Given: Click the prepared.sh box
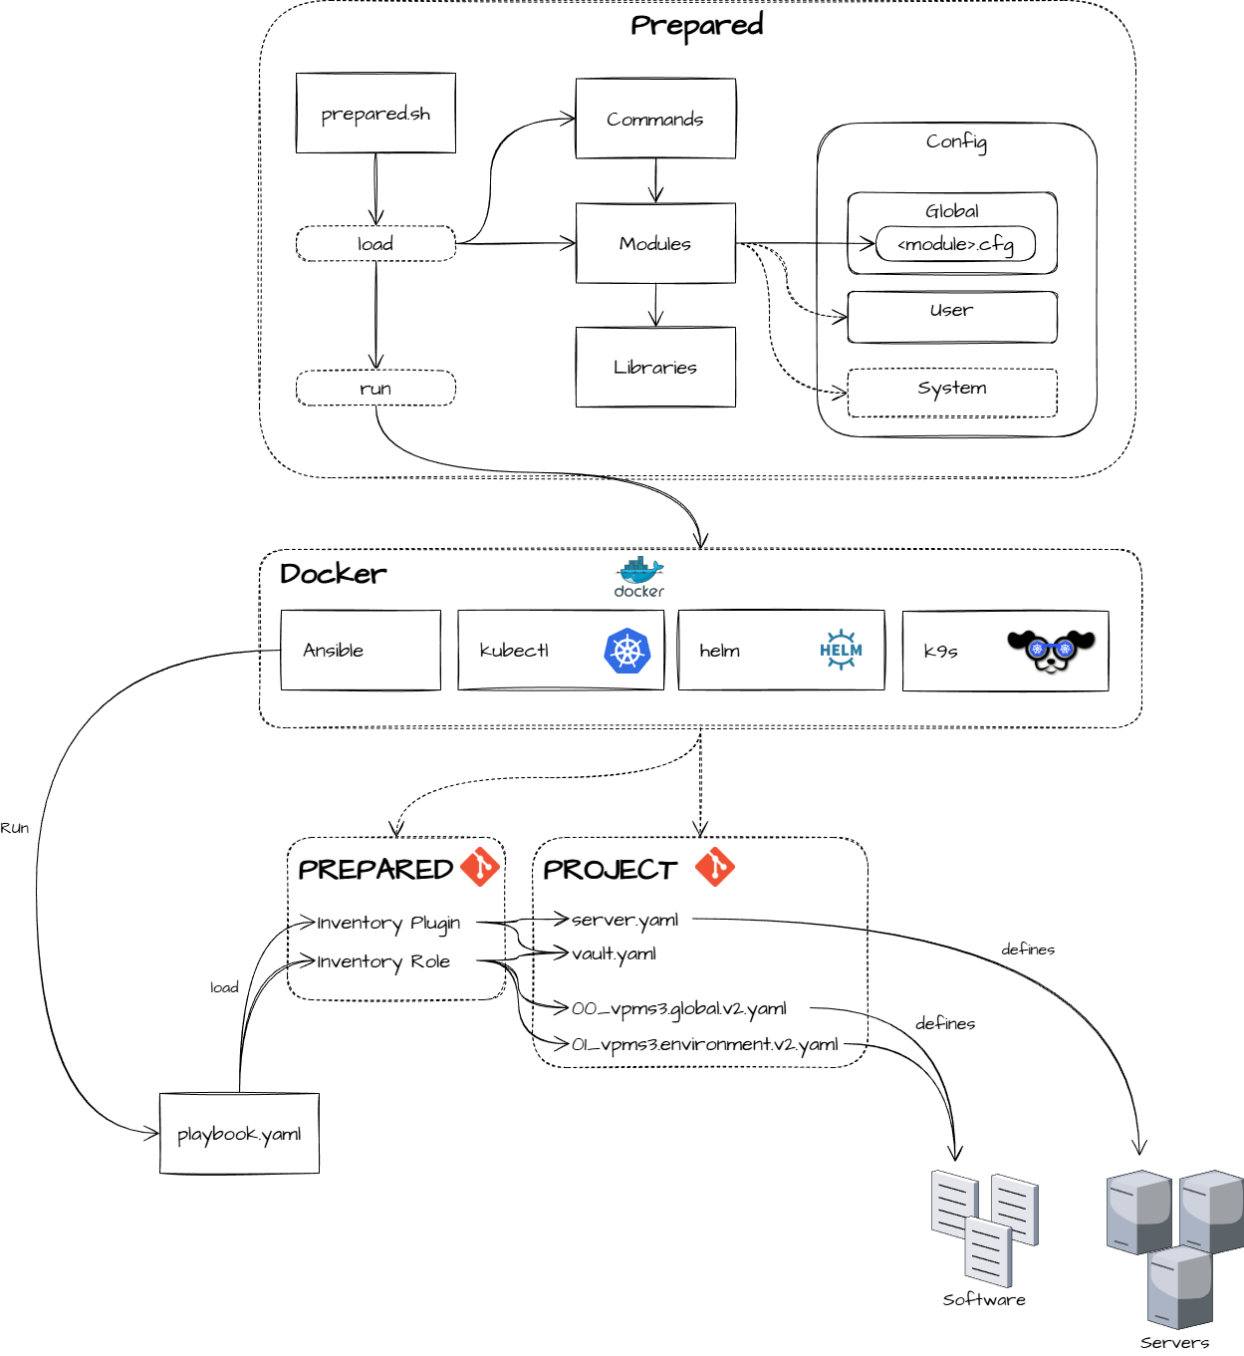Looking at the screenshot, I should coord(375,114).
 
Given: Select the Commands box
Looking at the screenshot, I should coord(655,119).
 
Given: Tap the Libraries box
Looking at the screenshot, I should coord(655,367).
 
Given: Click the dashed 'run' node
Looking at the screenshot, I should coord(375,389).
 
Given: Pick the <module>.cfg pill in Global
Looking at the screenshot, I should coord(955,244).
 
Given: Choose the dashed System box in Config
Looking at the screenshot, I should coord(952,393).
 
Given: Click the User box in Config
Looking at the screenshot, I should coord(952,317).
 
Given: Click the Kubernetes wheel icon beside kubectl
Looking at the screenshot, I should coord(626,651).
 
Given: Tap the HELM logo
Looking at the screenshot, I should coord(841,650).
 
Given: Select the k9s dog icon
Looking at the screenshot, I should coord(1051,651).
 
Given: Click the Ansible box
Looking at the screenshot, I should coord(361,651).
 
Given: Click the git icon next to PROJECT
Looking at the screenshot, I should coord(715,867).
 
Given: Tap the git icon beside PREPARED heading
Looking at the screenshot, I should coord(480,867).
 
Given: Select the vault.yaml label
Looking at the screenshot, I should coord(614,954).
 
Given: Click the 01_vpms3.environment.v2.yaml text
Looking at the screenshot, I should coord(705,1044).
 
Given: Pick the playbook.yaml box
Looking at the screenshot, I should coord(239,1134).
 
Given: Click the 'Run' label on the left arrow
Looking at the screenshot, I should coord(14,828).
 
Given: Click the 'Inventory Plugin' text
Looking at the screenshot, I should coord(388,924).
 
